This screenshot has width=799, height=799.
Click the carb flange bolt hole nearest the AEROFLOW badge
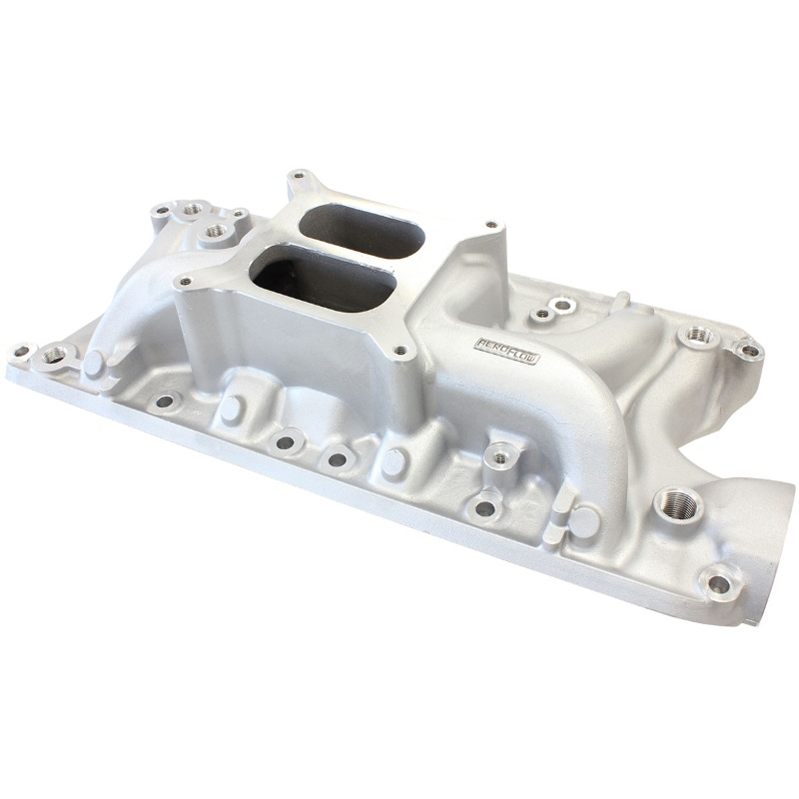pos(401,351)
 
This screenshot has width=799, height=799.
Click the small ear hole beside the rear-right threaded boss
pos(746,350)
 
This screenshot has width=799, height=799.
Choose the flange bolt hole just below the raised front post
pos(485,507)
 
